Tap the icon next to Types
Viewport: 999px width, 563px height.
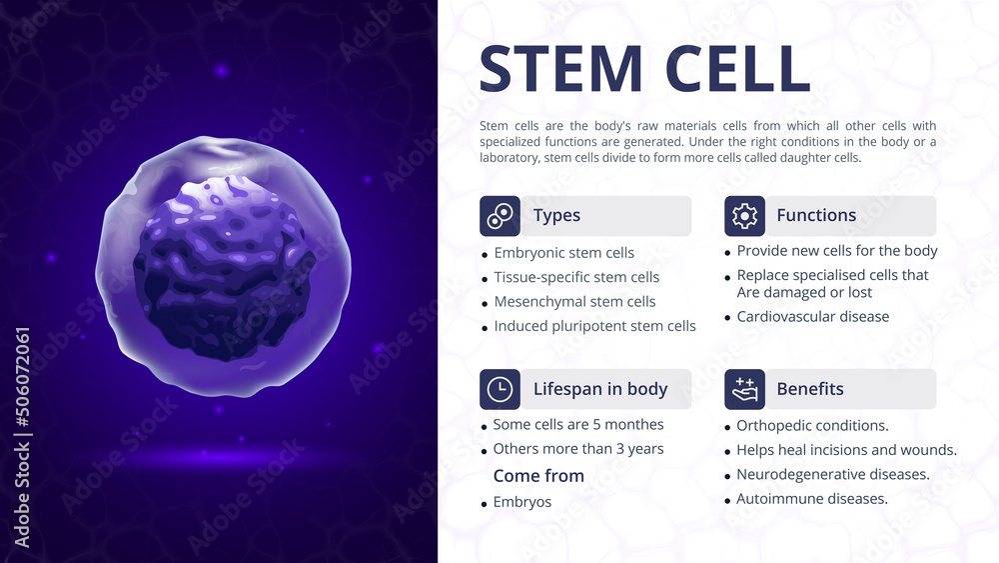pyautogui.click(x=499, y=216)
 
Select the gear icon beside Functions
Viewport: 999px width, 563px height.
pyautogui.click(x=744, y=216)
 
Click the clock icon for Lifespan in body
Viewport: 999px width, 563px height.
pyautogui.click(x=499, y=389)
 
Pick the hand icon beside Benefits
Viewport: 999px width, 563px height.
pyautogui.click(x=744, y=389)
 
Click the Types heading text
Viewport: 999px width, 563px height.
pyautogui.click(x=556, y=216)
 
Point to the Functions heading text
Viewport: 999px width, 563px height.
pyautogui.click(x=816, y=216)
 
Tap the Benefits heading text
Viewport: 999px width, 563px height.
pyautogui.click(x=810, y=389)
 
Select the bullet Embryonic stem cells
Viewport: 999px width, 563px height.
pyautogui.click(x=563, y=253)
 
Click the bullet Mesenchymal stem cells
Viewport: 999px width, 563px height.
pyautogui.click(x=574, y=302)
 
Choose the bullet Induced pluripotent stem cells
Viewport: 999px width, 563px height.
pyautogui.click(x=594, y=326)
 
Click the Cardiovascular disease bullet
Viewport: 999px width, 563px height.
pyautogui.click(x=812, y=317)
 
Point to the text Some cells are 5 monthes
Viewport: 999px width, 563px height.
pyautogui.click(x=578, y=425)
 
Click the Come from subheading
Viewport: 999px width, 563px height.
pyautogui.click(x=538, y=476)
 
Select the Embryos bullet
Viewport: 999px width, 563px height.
pyautogui.click(x=521, y=502)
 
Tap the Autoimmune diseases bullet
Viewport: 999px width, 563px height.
pyautogui.click(x=811, y=499)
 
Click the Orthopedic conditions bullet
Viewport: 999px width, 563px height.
pyautogui.click(x=812, y=426)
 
